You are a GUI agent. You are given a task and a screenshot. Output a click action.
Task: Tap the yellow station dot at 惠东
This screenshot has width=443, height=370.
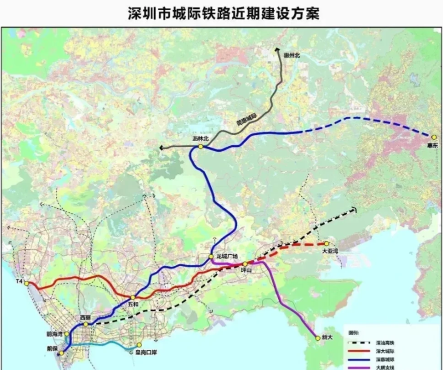coord(430,136)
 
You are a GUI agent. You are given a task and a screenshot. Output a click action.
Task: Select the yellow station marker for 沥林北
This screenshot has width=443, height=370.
coord(199,147)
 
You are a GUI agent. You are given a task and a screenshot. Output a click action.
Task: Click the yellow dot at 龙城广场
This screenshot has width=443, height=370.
coord(211,257)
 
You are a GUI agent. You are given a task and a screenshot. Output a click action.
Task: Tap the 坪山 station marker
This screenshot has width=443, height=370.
coord(245,264)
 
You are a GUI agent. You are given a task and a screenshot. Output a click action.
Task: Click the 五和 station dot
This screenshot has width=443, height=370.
coord(133,297)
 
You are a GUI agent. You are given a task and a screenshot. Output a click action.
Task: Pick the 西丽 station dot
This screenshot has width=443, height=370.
coord(85,324)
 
